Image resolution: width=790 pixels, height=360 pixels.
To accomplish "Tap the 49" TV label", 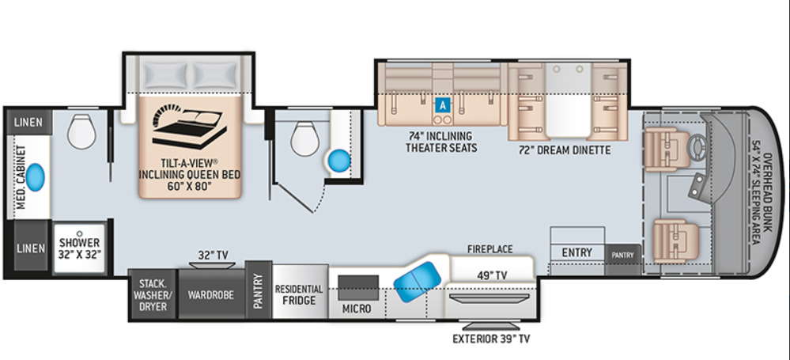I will pyautogui.click(x=492, y=275).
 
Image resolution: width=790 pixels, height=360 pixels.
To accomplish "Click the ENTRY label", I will pyautogui.click(x=576, y=252).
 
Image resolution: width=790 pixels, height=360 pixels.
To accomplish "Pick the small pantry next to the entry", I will pyautogui.click(x=623, y=254).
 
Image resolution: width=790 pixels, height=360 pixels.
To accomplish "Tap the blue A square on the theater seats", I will pyautogui.click(x=443, y=104).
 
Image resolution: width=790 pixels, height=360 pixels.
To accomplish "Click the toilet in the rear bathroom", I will pyautogui.click(x=81, y=131).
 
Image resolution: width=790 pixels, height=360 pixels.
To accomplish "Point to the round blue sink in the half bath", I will pyautogui.click(x=339, y=161).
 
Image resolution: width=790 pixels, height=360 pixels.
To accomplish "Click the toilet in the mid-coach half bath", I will pyautogui.click(x=305, y=140).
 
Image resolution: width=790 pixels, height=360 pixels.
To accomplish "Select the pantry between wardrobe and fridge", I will pyautogui.click(x=259, y=291).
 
